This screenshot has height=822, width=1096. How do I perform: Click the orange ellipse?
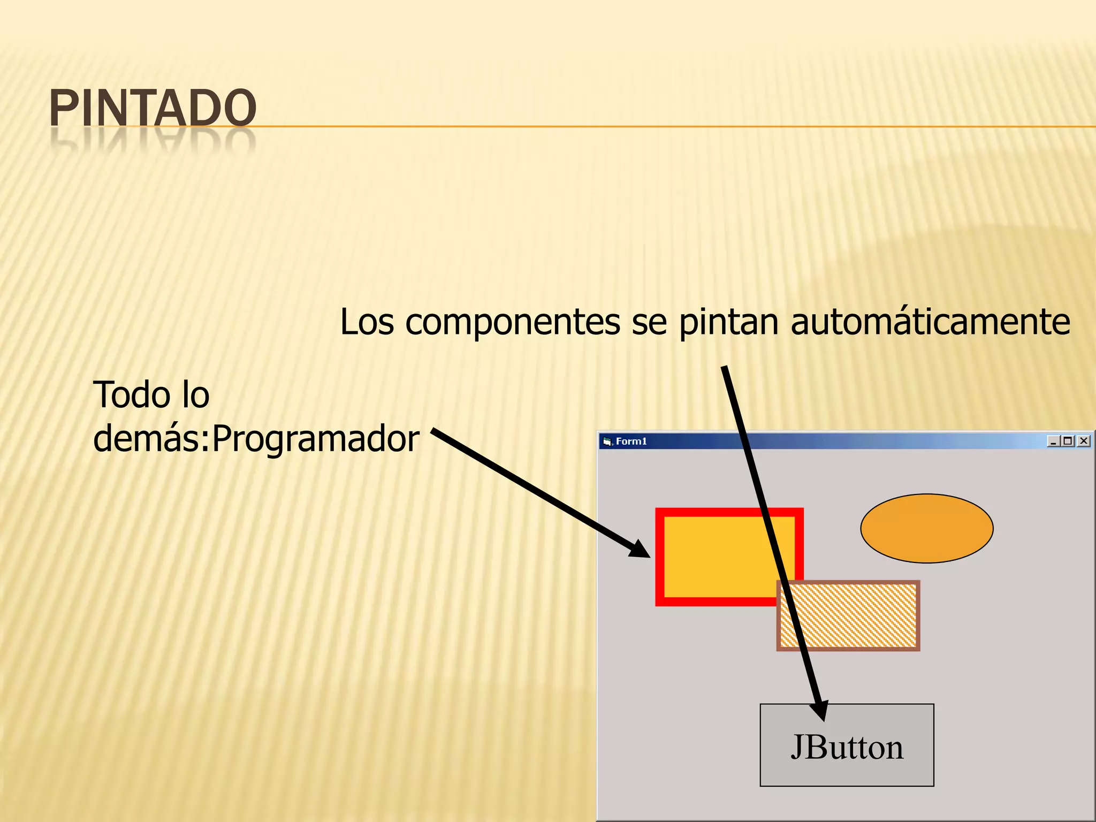(926, 528)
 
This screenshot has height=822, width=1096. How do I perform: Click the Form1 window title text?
(631, 442)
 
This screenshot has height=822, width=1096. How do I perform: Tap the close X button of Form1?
(1084, 441)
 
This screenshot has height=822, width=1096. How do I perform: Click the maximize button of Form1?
(1068, 441)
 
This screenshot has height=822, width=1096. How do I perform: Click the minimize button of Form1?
(1053, 441)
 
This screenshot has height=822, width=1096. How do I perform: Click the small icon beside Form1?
(607, 442)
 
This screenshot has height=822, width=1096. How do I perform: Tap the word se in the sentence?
(649, 323)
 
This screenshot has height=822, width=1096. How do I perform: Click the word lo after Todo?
(195, 395)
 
